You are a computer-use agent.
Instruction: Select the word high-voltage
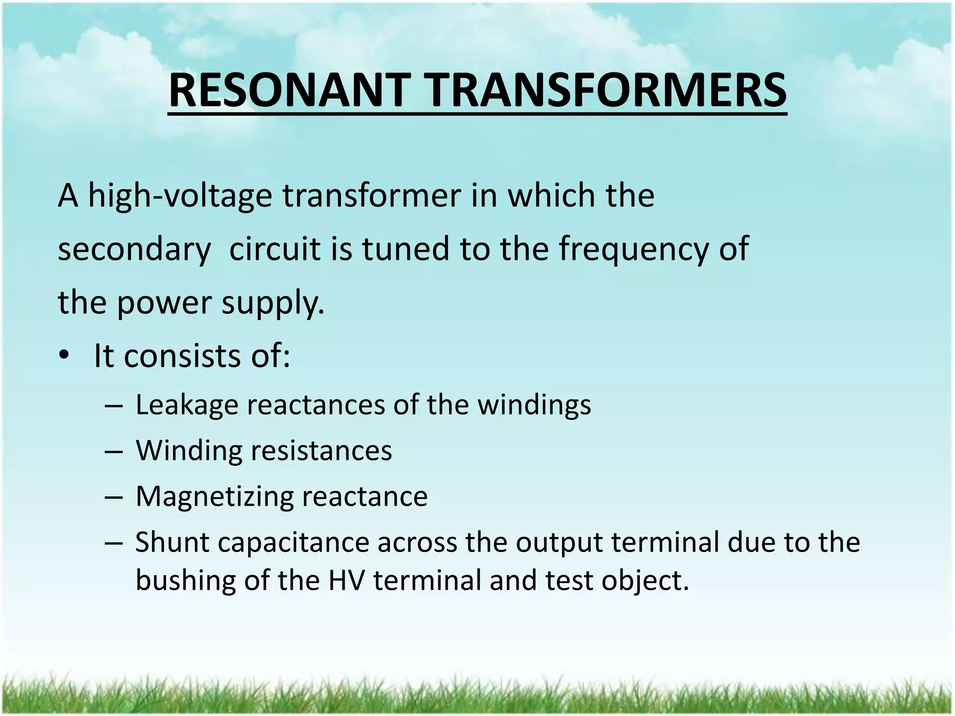pos(180,196)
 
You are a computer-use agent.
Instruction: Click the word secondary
pos(134,249)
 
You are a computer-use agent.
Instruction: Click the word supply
pos(273,303)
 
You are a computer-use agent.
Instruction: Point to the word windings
pos(534,405)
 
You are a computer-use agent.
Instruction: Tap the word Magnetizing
pos(215,496)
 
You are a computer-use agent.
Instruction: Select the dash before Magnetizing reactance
pos(114,496)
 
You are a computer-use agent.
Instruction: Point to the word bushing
pos(186,581)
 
